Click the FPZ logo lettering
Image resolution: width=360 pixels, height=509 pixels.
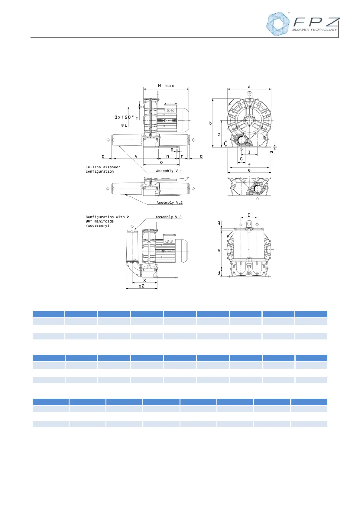[x=316, y=22]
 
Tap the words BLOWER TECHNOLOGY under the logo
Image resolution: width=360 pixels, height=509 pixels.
[x=315, y=30]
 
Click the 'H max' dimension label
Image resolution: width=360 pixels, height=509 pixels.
[x=166, y=86]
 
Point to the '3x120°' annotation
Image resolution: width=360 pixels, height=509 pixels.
[x=124, y=117]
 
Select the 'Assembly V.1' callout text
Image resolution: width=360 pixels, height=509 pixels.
[x=169, y=171]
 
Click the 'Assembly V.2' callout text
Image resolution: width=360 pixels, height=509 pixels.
[x=170, y=203]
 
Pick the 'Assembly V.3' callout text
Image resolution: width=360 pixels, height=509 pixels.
[x=169, y=217]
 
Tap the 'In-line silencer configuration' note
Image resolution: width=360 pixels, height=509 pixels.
[x=103, y=169]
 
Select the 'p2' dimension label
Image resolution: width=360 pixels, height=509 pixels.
[x=141, y=286]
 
